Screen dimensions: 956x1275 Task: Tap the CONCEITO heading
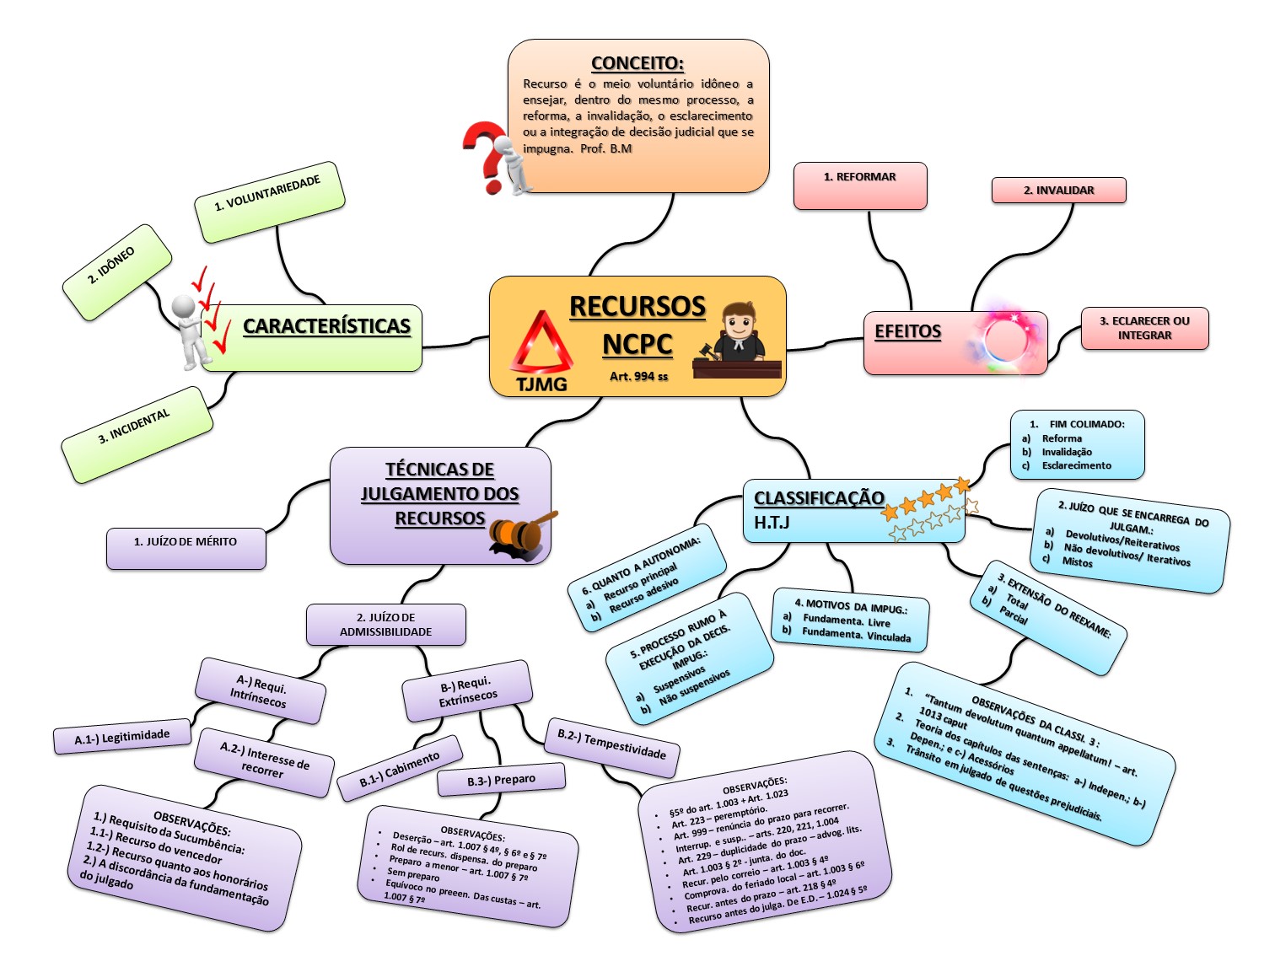[637, 63]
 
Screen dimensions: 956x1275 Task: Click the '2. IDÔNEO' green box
[116, 271]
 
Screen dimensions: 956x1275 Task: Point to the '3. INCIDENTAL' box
[137, 433]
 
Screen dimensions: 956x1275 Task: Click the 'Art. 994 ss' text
[638, 376]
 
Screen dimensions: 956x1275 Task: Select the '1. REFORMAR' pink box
[859, 185]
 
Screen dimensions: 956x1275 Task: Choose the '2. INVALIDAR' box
[1058, 191]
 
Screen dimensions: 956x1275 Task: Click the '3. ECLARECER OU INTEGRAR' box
[1144, 328]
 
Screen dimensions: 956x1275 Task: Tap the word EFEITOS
[907, 331]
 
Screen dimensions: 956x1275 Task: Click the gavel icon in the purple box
[522, 534]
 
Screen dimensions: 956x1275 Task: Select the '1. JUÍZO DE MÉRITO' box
[186, 548]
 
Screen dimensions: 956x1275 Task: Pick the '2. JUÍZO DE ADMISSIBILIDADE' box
[385, 625]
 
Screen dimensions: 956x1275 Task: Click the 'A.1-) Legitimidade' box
[122, 737]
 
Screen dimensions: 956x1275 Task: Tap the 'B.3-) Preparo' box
[501, 781]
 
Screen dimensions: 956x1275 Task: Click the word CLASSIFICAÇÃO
[819, 498]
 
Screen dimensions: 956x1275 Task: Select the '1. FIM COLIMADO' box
[1077, 444]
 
